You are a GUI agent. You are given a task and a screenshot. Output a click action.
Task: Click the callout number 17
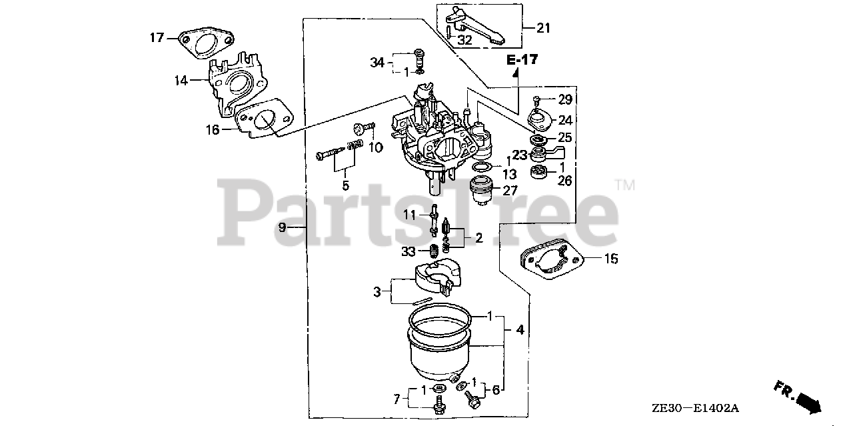(156, 37)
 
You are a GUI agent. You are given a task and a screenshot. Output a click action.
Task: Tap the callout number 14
(181, 81)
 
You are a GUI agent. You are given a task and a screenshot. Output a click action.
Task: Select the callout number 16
(213, 129)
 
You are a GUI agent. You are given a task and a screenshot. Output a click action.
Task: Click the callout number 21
(544, 27)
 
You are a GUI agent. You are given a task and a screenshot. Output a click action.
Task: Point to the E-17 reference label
(521, 60)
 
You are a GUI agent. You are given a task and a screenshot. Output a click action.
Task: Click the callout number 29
(565, 100)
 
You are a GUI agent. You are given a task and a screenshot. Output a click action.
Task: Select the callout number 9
(282, 227)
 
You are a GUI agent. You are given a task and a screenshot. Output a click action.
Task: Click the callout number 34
(377, 63)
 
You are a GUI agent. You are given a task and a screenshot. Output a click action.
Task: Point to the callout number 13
(509, 174)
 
